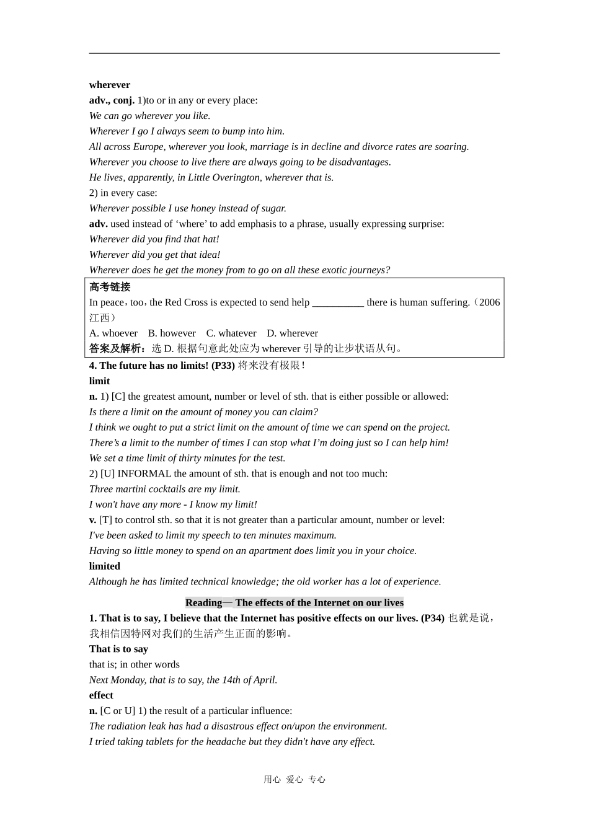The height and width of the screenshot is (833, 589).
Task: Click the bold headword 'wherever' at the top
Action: coord(110,85)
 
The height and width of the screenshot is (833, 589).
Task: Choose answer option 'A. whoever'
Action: coord(113,333)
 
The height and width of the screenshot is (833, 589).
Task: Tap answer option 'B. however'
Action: coord(172,333)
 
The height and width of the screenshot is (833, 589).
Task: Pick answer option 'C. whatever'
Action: coord(231,333)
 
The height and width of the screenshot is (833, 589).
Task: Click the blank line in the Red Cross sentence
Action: coord(338,303)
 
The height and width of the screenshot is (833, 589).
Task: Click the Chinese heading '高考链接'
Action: coord(110,287)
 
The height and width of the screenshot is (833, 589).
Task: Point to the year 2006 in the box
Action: coord(489,302)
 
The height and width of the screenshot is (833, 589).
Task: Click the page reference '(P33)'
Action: coord(223,366)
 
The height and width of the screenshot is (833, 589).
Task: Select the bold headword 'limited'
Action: coord(105,566)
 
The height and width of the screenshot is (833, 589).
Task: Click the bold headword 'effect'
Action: coord(101,695)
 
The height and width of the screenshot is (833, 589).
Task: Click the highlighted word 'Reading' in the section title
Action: coord(203,603)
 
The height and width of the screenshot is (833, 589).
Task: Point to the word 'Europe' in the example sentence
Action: coord(148,147)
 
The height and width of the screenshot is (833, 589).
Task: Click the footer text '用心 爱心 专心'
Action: coord(294,780)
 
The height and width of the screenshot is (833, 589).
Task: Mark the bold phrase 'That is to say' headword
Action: coord(118,649)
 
